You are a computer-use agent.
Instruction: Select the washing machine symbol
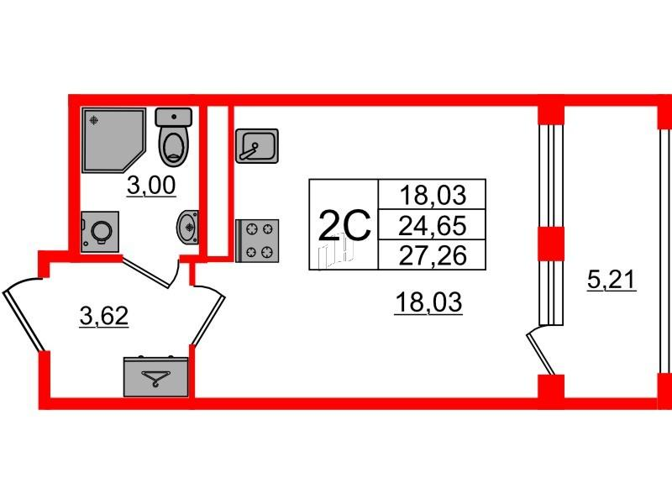point(100,232)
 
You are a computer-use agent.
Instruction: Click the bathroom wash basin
point(188,227)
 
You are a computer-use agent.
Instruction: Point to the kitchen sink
point(257,145)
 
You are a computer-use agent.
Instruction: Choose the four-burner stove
point(257,240)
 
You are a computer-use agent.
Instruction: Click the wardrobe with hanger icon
point(156,376)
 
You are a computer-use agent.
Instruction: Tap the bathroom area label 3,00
point(151,186)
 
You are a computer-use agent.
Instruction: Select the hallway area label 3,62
point(104,317)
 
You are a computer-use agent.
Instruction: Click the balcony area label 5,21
point(612,281)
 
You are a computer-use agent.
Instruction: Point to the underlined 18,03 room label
point(428,302)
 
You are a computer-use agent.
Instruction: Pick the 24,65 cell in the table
point(432,225)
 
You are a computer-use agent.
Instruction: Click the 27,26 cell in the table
point(432,255)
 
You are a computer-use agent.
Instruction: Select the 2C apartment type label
point(344,224)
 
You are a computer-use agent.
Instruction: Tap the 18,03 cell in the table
point(432,195)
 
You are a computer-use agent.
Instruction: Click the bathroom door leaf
point(145,271)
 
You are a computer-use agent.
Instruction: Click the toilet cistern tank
point(174,117)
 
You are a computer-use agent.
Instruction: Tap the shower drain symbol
point(94,120)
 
